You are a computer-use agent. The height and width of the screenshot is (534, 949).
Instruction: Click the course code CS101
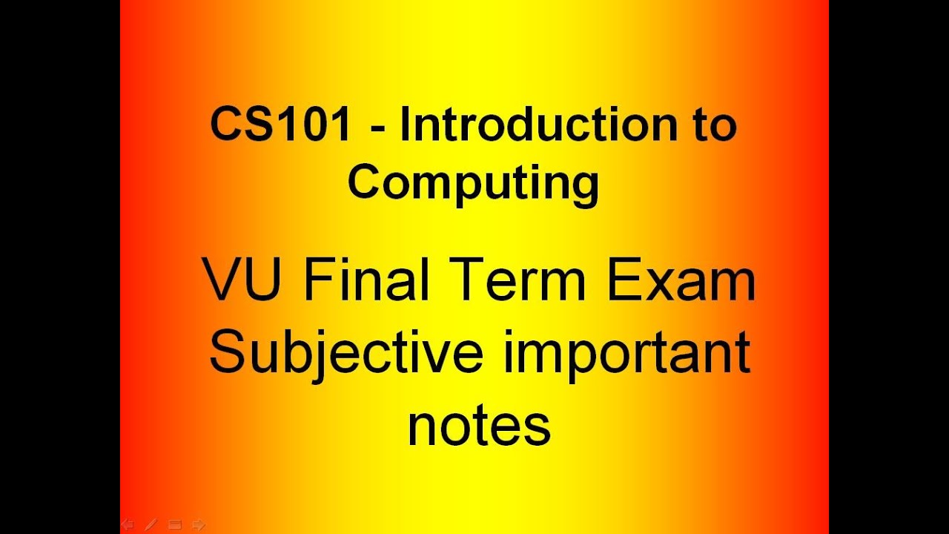(280, 125)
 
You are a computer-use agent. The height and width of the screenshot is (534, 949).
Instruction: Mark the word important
(627, 355)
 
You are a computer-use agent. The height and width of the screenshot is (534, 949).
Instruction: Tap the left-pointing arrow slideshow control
(127, 525)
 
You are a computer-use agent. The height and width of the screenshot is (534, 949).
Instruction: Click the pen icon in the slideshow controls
(151, 525)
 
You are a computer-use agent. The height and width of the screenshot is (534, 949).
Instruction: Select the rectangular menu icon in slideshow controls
(175, 525)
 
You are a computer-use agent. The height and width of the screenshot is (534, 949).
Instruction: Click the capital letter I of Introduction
(406, 125)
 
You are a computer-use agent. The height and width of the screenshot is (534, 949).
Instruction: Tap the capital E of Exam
(621, 282)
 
